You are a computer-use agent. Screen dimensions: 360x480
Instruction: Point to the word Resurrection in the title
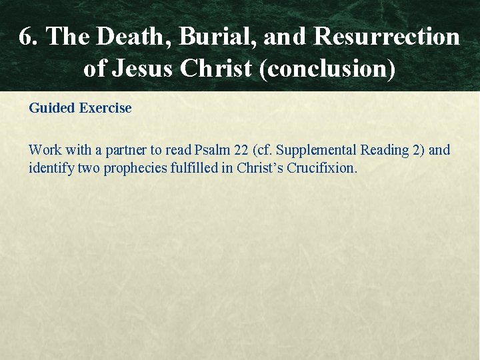[x=387, y=37]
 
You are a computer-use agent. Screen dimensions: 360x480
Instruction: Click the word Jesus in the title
[x=147, y=69]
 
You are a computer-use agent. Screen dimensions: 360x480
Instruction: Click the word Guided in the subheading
[x=51, y=108]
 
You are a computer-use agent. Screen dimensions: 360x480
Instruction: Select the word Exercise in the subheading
[x=105, y=108]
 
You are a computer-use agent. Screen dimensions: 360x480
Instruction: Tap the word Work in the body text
[x=45, y=150]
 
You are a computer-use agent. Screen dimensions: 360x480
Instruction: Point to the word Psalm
[x=210, y=150]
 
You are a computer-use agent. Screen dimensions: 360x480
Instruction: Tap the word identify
[x=51, y=168]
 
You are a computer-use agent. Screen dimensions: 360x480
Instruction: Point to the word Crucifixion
[x=325, y=168]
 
